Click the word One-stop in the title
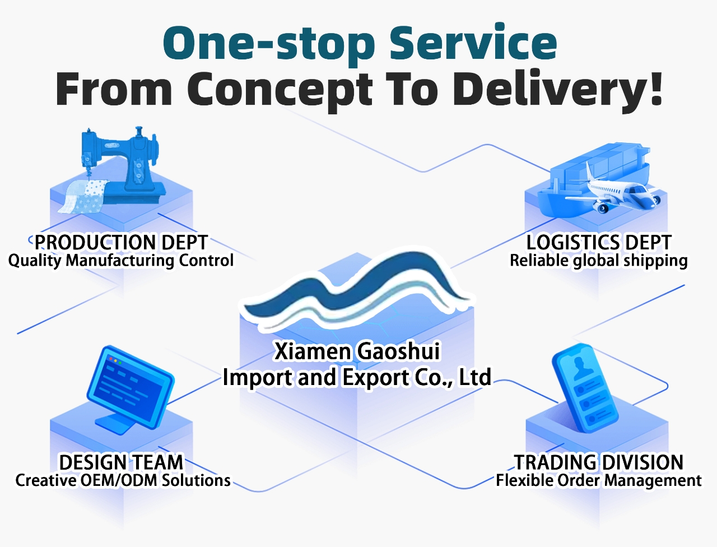pos(268,45)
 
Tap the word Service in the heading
pos(473,42)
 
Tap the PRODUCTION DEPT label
pos(121,243)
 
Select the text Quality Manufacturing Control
pos(121,261)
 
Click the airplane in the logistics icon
pos(612,192)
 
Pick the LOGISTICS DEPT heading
pos(599,243)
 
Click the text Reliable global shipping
pos(599,261)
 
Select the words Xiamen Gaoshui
pos(357,351)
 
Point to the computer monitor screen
pos(130,386)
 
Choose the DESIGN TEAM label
pos(121,462)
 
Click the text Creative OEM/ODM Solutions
pos(123,481)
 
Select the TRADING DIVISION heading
pos(599,462)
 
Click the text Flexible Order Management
pos(599,481)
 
